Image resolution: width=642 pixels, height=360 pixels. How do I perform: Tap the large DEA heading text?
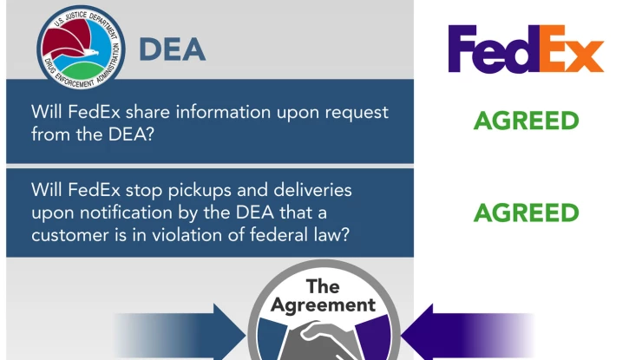pyautogui.click(x=173, y=49)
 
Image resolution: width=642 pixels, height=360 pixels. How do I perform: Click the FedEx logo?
pyautogui.click(x=526, y=49)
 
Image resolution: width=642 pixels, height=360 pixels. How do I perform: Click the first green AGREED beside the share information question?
pyautogui.click(x=526, y=121)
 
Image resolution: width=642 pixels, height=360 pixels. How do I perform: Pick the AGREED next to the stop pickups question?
pyautogui.click(x=526, y=213)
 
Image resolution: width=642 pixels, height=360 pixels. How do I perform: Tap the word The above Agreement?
pyautogui.click(x=323, y=285)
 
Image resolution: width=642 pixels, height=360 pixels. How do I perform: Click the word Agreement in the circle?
pyautogui.click(x=323, y=304)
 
